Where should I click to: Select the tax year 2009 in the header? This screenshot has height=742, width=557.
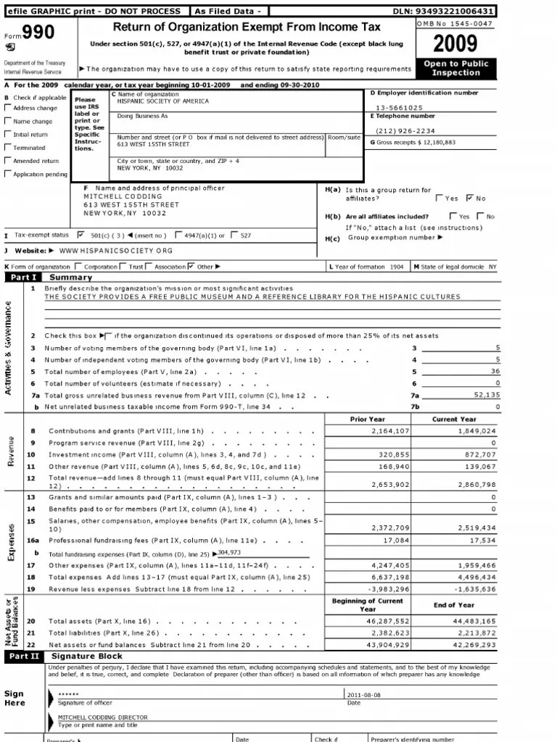coord(455,44)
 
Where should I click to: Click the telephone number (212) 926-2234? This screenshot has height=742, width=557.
coord(405,130)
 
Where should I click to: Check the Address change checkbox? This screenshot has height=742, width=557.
coord(8,108)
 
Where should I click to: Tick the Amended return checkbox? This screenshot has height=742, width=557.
coord(8,161)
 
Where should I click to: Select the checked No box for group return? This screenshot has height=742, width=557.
coord(469,197)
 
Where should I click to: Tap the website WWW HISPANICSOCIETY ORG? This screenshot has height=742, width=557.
coord(116,250)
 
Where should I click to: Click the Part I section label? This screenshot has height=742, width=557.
coord(22,277)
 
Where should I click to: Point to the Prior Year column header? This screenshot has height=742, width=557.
coord(367,419)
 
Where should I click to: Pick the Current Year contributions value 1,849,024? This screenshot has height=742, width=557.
coord(474,430)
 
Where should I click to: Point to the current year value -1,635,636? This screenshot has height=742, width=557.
coord(474,589)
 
